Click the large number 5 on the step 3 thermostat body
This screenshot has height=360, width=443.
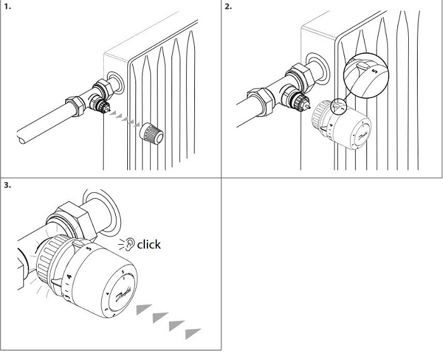[x=88, y=249]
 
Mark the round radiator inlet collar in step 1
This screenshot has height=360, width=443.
[x=115, y=82]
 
